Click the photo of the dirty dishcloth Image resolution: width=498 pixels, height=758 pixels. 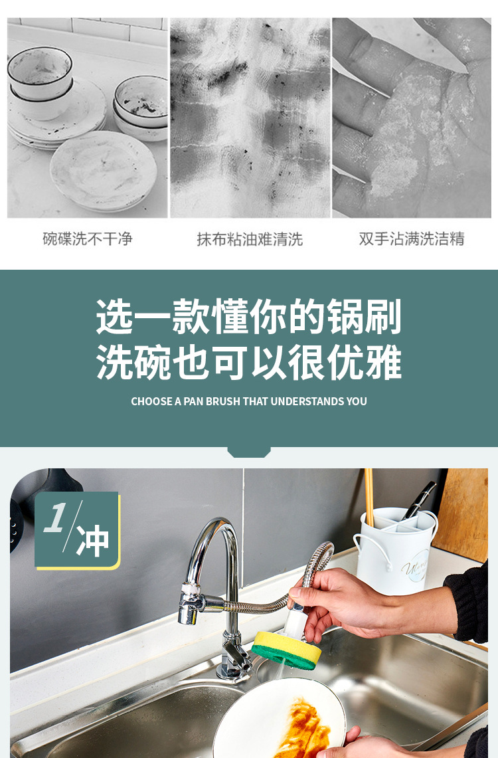(x=250, y=118)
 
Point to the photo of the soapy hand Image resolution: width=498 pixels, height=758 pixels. (x=412, y=118)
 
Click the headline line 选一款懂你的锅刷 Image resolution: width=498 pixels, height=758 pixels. (x=249, y=317)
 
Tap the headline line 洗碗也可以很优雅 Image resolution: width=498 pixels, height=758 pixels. (x=249, y=363)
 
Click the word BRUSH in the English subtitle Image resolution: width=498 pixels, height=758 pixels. (x=222, y=401)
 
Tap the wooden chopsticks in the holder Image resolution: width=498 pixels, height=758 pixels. (x=369, y=495)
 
